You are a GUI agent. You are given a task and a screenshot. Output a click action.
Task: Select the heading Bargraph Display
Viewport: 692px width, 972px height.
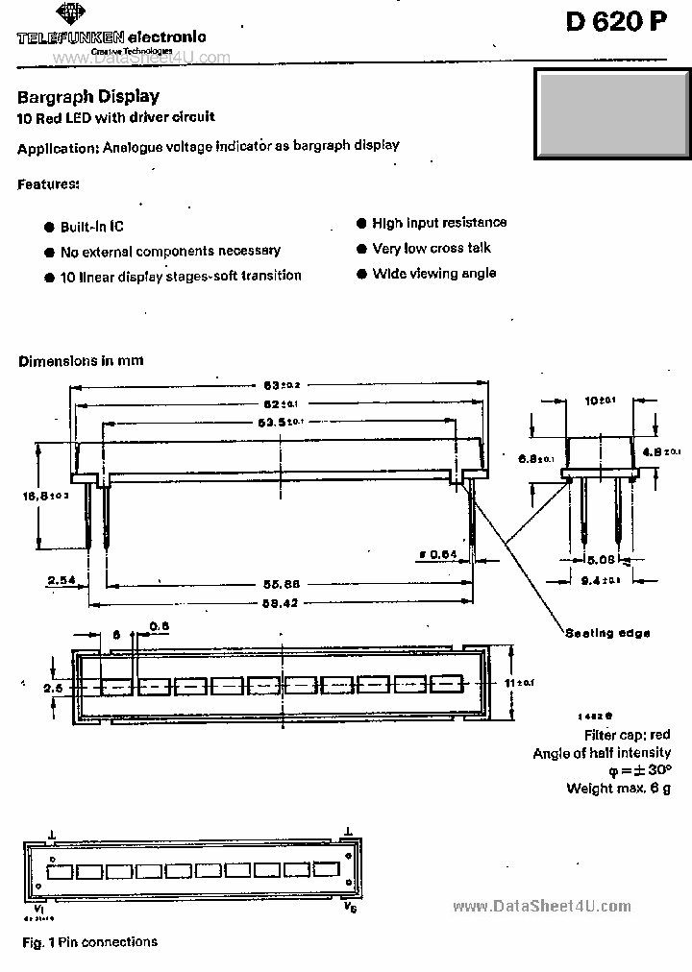(x=88, y=96)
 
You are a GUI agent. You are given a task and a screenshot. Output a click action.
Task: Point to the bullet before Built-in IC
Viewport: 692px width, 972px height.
(x=49, y=227)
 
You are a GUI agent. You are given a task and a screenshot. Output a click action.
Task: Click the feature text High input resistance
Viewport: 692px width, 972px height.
(x=439, y=223)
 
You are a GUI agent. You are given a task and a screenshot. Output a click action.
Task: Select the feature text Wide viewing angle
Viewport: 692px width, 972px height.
(x=434, y=274)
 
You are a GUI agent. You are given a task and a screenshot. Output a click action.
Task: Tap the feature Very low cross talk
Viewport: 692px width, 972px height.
(x=432, y=248)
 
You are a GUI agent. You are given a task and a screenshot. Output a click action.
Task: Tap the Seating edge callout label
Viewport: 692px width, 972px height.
(x=606, y=633)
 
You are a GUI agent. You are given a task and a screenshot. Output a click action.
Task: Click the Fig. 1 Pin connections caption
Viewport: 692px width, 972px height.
(x=89, y=942)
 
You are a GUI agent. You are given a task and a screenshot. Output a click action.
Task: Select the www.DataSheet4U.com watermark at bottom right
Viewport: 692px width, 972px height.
(x=541, y=906)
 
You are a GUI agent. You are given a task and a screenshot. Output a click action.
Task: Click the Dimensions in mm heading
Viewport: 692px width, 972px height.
(x=81, y=360)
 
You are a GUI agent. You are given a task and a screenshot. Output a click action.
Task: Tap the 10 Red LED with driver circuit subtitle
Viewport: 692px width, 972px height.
(x=116, y=117)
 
